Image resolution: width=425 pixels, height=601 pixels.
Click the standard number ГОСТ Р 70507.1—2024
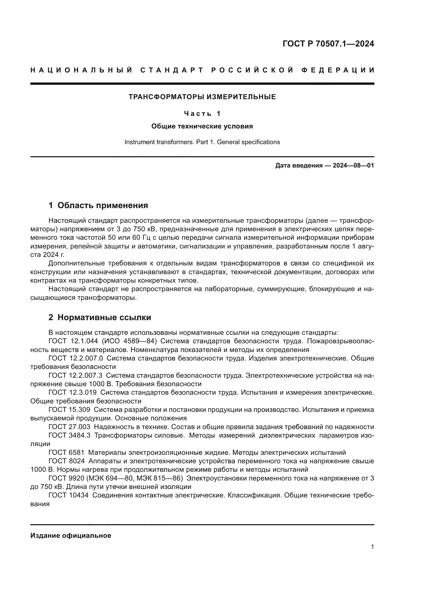(328, 44)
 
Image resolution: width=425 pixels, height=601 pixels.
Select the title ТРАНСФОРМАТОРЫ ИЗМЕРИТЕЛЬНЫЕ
(202, 97)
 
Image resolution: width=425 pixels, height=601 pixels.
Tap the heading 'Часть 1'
(202, 114)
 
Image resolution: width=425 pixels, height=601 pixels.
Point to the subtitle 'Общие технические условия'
(202, 126)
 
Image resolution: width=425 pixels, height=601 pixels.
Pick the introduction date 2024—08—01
(353, 165)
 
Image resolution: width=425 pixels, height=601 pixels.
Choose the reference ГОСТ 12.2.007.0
(76, 358)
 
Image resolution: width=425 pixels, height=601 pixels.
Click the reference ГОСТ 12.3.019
(72, 392)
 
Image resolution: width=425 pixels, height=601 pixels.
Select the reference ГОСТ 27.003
(69, 427)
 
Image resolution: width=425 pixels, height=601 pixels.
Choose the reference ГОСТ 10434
(69, 495)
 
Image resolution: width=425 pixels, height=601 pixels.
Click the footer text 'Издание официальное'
(71, 535)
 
